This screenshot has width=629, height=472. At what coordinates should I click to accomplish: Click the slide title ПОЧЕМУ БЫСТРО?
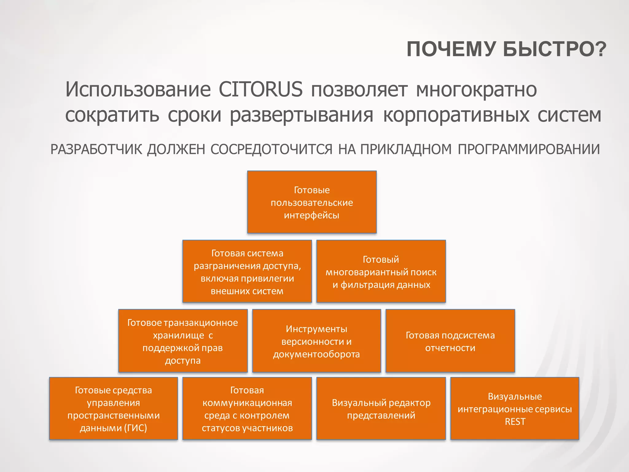pos(506,49)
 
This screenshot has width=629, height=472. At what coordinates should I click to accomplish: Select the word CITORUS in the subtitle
pos(260,89)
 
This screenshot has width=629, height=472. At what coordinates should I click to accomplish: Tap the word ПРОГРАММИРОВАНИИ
pos(529,150)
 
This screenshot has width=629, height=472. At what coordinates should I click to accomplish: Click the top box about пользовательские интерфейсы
pos(312,202)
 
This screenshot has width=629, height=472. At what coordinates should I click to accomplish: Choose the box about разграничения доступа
pos(247,272)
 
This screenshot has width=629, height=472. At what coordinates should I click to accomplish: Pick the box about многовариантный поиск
pos(381,272)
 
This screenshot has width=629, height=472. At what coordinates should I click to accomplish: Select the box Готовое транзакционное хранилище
pos(183,341)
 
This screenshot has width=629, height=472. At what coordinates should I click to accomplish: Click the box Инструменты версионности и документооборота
pos(316,341)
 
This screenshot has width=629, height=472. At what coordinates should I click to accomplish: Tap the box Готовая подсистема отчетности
pos(450,341)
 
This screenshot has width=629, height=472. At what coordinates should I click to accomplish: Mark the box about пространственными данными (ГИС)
pos(113,409)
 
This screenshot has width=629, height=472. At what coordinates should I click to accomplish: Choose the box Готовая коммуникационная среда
pos(247,409)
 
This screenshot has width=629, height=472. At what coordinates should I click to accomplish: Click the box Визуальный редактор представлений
pos(381,409)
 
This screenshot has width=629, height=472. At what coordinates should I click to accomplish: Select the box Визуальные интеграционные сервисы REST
pos(515,409)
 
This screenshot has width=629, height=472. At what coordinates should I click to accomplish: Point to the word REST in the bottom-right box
pos(515,422)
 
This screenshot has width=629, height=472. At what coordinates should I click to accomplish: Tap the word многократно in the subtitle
pos(476,89)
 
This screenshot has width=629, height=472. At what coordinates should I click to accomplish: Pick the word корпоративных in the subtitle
pos(456,115)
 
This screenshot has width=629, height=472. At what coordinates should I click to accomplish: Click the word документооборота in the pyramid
pos(316,354)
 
